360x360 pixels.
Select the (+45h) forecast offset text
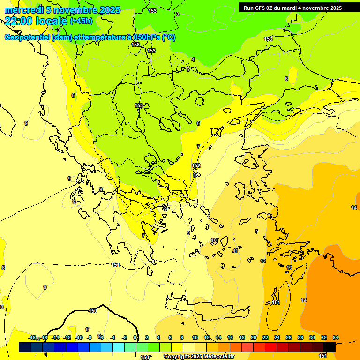pyautogui.click(x=81, y=21)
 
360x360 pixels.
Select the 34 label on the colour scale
pyautogui.click(x=336, y=337)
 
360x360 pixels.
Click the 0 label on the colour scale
pyautogui.click(x=135, y=337)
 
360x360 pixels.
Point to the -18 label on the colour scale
pyautogui.click(x=32, y=337)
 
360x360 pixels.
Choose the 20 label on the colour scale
pyautogui.click(x=254, y=337)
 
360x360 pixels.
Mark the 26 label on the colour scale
pyautogui.click(x=289, y=337)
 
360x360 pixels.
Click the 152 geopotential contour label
pyautogui.click(x=196, y=165)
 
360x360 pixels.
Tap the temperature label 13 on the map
pyautogui.click(x=289, y=268)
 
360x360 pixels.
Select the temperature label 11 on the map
pyautogui.click(x=236, y=251)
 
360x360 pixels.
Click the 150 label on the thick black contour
pyautogui.click(x=93, y=311)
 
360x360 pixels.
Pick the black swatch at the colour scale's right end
pyautogui.click(x=330, y=347)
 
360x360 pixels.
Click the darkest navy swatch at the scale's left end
pyautogui.click(x=25, y=347)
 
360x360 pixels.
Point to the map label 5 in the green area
pyautogui.click(x=188, y=69)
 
